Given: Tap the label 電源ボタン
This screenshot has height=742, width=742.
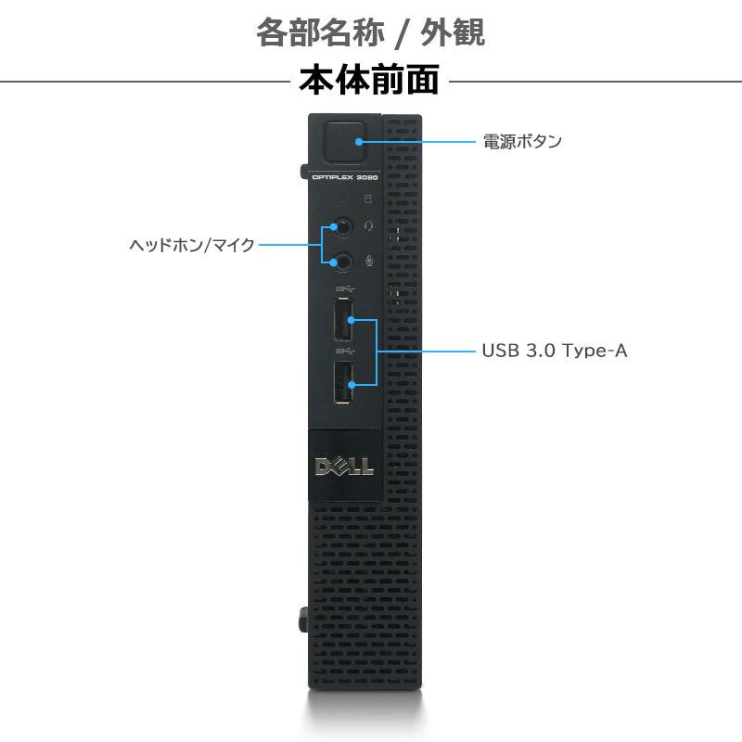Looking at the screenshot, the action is click(x=522, y=142).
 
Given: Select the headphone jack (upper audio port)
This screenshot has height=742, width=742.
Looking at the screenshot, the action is click(x=343, y=226).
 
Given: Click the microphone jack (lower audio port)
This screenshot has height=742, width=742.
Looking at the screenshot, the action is click(x=343, y=262).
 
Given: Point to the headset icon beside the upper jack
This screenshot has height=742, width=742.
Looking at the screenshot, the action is click(x=368, y=225).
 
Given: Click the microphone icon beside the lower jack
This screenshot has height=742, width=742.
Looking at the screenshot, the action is click(x=368, y=262).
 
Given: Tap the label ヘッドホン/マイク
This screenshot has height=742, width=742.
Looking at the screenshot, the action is click(x=191, y=246).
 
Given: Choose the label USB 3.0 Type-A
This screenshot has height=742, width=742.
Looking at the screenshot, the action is click(x=555, y=352).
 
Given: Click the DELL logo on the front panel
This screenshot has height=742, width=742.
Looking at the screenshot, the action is click(x=343, y=467).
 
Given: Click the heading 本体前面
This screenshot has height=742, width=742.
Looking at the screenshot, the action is click(x=368, y=81).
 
